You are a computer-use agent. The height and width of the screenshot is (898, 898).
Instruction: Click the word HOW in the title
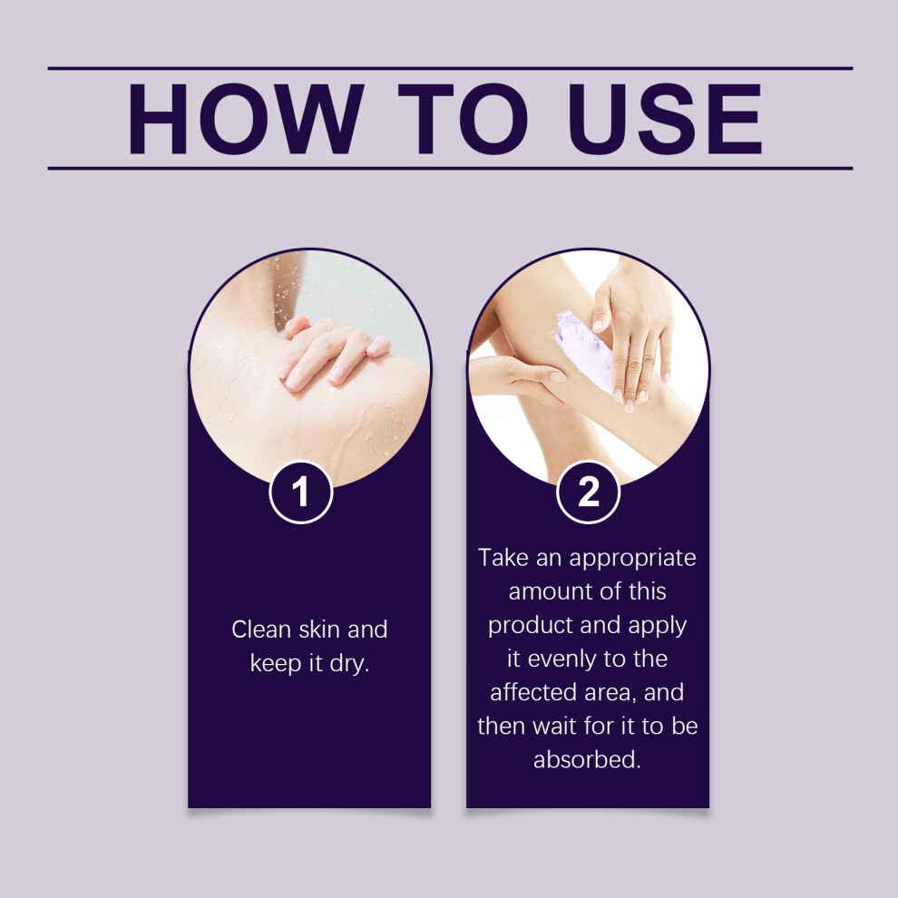pos(246,119)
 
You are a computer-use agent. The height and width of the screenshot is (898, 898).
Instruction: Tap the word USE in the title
pos(666,119)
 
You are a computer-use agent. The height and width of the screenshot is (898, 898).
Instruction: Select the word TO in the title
pos(463,119)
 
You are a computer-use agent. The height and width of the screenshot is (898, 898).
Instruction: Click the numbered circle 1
pos(301,492)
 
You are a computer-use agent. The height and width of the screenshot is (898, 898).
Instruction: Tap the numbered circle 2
pos(588,492)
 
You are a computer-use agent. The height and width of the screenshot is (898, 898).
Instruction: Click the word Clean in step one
pos(261,630)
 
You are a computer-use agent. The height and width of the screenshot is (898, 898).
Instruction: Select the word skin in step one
pos(319,630)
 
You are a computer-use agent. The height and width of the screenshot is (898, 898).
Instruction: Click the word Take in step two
pos(503,558)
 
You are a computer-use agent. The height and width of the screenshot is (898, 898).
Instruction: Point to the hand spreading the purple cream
pos(633,338)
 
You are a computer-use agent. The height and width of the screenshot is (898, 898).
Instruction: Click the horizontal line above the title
pos(450,68)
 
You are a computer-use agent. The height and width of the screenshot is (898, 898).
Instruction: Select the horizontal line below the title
pos(450,169)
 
